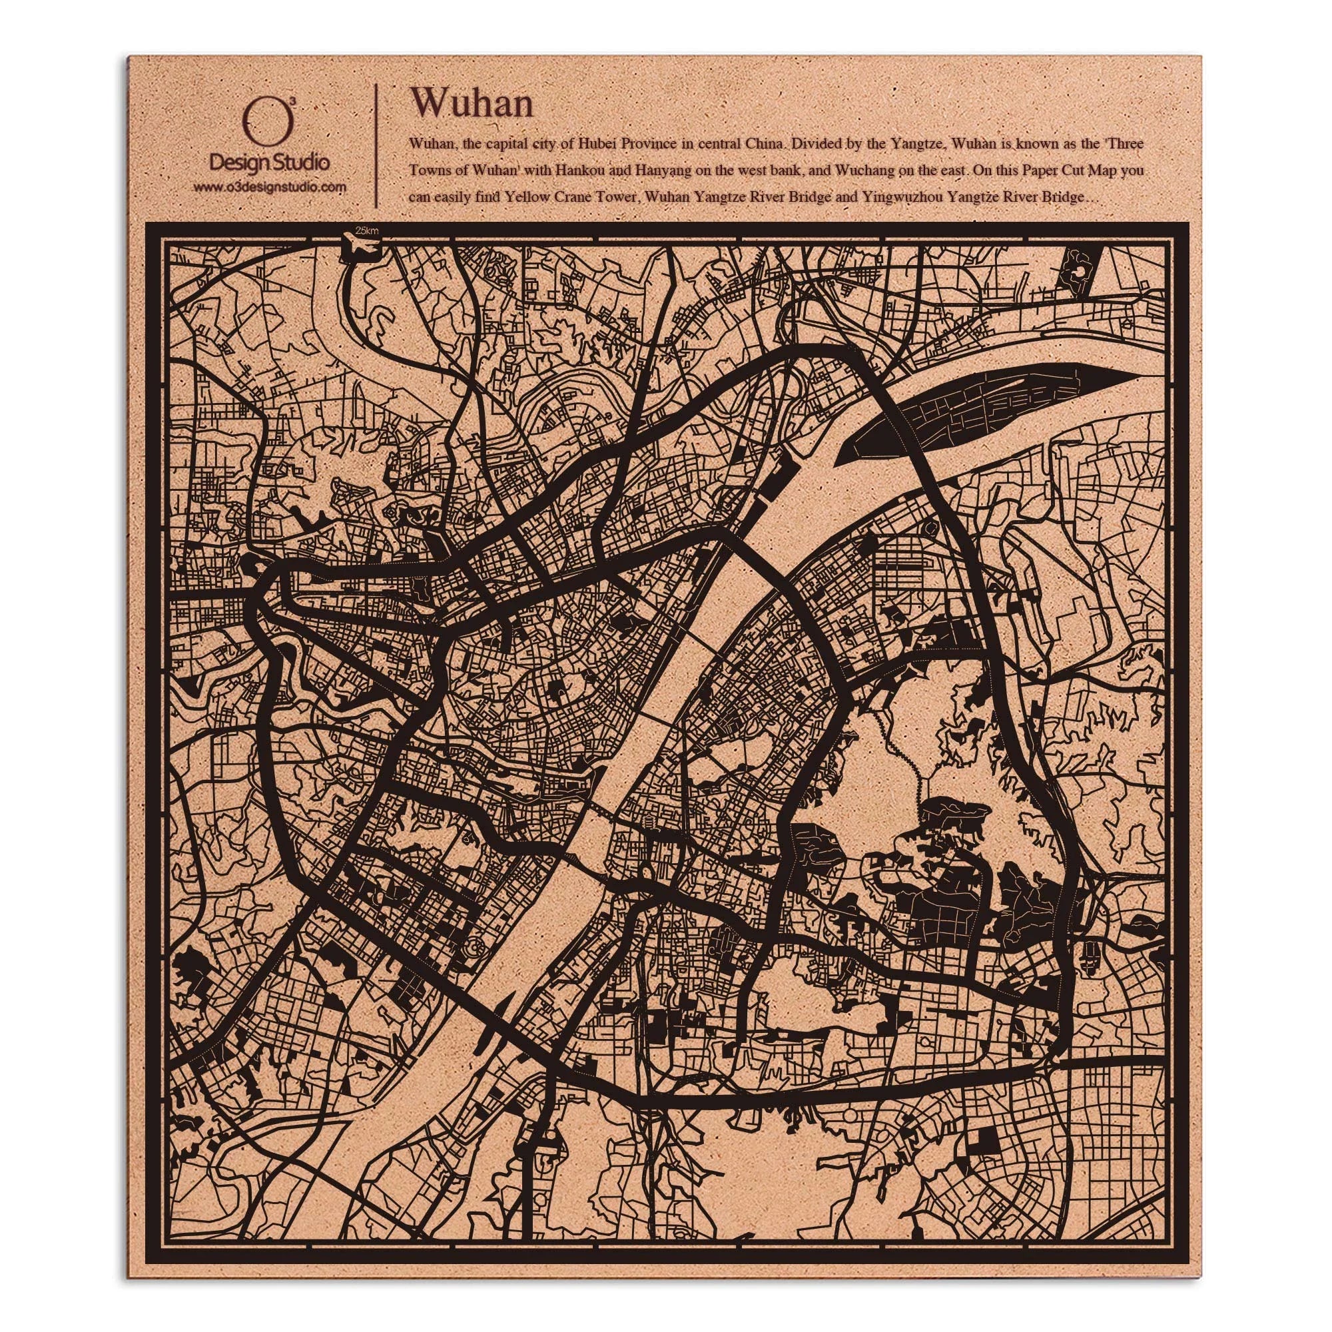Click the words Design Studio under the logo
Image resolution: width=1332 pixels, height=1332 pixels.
click(269, 163)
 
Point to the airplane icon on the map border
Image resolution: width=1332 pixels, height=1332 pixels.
click(358, 246)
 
